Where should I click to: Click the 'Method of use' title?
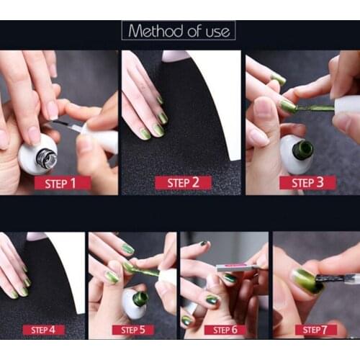click(x=179, y=31)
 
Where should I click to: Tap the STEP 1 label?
click(x=63, y=183)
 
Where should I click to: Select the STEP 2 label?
click(x=183, y=183)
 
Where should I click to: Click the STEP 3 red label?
click(x=307, y=183)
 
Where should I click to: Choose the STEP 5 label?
click(x=132, y=330)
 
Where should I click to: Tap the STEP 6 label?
click(x=225, y=330)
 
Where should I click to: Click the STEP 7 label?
click(x=315, y=330)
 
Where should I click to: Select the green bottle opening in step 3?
click(x=303, y=150)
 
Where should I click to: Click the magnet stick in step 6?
click(x=235, y=268)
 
